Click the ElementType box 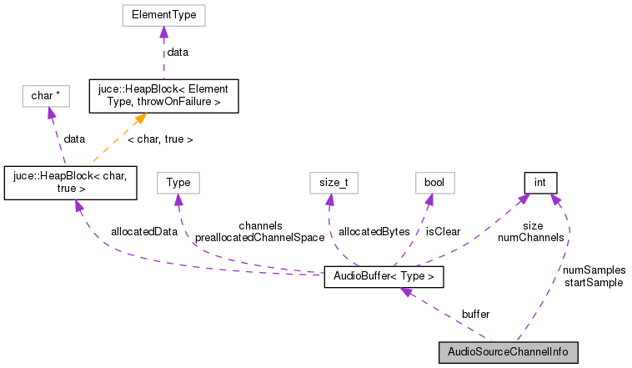(163, 15)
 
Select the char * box (45, 96)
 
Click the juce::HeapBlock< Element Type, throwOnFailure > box (164, 96)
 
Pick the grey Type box (178, 182)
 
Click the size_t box (329, 182)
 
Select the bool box (434, 182)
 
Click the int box (539, 182)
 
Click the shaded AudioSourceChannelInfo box (508, 352)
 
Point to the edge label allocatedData (143, 231)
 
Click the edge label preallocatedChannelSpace (259, 238)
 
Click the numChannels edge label (530, 238)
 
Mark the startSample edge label (594, 283)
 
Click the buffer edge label (475, 314)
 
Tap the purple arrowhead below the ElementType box (163, 32)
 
